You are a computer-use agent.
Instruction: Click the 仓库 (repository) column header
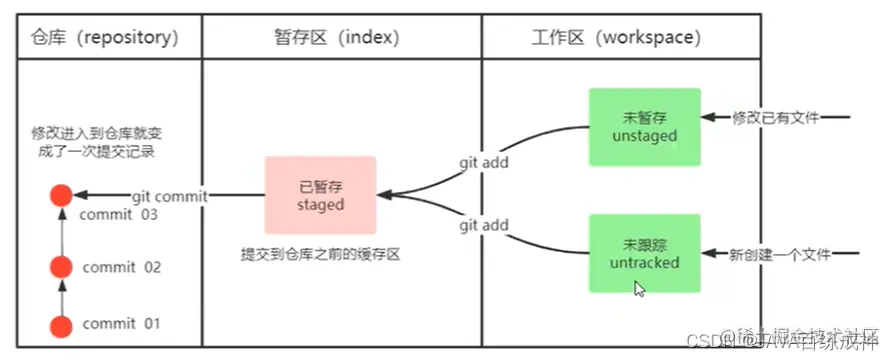coord(103,38)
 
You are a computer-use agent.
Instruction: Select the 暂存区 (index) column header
coord(339,38)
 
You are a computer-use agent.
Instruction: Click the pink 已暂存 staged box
coord(320,196)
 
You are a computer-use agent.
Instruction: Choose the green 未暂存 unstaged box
coord(645,127)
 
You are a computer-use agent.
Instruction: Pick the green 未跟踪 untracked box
coord(645,254)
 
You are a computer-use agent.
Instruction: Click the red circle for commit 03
coord(62,196)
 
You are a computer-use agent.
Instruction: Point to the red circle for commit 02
coord(62,267)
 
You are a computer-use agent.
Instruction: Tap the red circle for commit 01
coord(62,324)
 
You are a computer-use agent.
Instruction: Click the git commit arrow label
coord(168,197)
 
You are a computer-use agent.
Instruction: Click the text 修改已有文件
coord(776,118)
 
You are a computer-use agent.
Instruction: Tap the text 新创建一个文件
coord(780,255)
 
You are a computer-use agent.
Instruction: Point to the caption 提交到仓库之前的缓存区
coord(320,255)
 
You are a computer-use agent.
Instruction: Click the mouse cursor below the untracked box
coord(639,289)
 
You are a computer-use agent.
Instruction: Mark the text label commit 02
coord(121,267)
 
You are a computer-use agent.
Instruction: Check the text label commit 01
coord(121,324)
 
